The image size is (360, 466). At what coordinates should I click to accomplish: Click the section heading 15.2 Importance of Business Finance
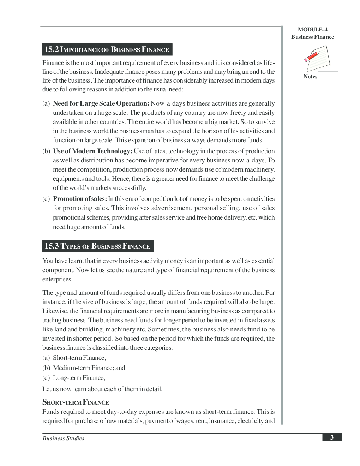click(x=107, y=49)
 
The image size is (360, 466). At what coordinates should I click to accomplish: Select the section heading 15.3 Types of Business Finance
click(x=97, y=246)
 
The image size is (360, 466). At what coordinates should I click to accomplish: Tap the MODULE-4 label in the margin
click(x=312, y=30)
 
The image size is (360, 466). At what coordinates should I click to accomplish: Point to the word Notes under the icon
click(x=310, y=77)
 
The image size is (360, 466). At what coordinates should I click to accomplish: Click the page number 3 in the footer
click(x=332, y=437)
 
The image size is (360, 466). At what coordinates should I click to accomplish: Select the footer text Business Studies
click(x=64, y=438)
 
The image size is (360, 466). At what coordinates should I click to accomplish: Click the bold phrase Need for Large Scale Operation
click(x=101, y=103)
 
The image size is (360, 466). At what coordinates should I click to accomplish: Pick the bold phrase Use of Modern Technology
click(x=92, y=151)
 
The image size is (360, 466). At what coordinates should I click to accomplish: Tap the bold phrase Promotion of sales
click(x=80, y=199)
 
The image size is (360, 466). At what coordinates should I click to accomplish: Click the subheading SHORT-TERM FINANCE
click(x=76, y=402)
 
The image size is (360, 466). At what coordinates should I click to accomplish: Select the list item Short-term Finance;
click(x=79, y=358)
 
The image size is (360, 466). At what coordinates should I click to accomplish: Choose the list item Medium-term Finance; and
click(x=89, y=368)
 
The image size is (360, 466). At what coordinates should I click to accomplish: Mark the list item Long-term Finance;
click(x=79, y=378)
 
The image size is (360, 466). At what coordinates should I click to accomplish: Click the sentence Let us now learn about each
click(x=102, y=389)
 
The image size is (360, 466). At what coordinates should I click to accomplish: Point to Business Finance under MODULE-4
click(x=312, y=37)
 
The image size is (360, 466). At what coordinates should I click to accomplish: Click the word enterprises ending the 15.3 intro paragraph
click(x=57, y=279)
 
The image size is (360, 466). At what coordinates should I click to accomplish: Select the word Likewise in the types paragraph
click(x=55, y=311)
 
